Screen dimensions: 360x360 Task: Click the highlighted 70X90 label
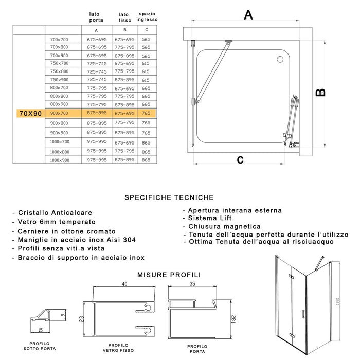30,113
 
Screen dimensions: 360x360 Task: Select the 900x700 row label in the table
59,113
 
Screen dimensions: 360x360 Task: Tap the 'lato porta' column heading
96,17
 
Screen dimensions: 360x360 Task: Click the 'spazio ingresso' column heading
147,15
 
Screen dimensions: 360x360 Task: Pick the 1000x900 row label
60,160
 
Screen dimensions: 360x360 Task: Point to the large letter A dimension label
248,15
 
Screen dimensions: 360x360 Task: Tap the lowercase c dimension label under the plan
240,159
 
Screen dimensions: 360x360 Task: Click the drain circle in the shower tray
280,59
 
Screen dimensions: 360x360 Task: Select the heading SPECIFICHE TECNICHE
169,197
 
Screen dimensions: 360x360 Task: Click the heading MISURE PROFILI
169,275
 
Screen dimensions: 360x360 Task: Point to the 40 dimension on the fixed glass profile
124,283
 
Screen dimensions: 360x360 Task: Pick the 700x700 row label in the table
59,40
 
